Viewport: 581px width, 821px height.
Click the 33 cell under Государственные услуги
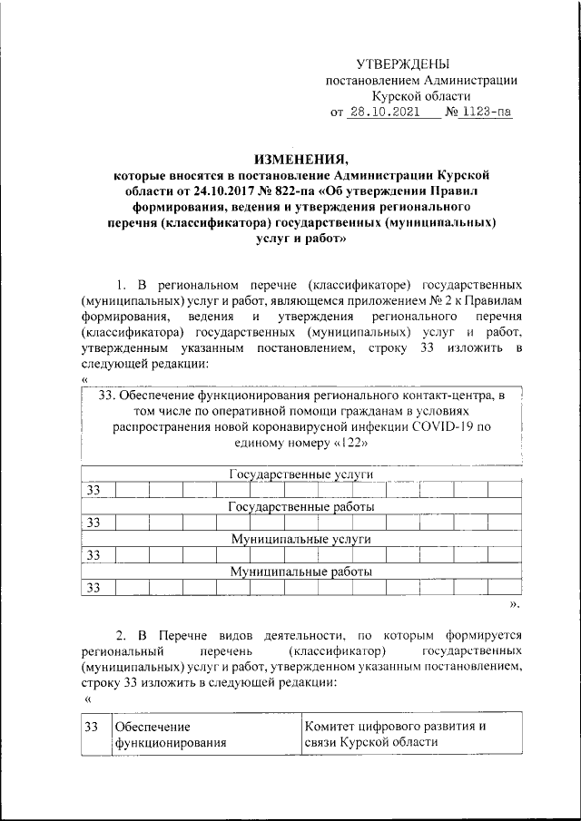[x=94, y=491]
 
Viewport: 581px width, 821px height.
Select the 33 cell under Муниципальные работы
[x=94, y=589]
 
